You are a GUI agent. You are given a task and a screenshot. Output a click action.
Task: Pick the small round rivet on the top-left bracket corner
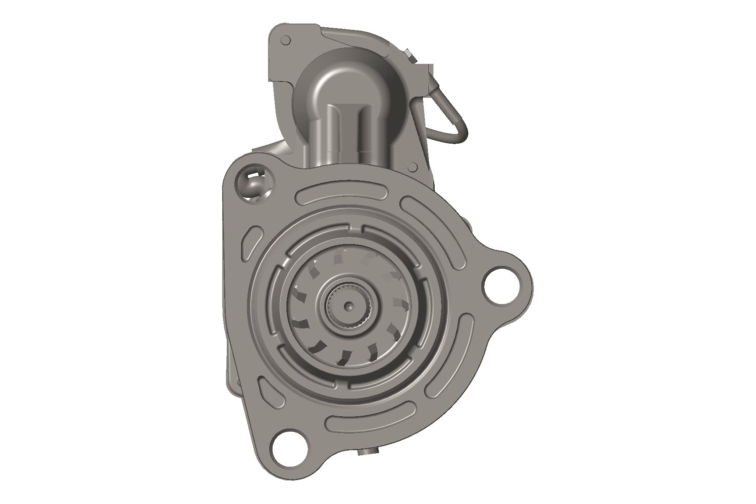pyautogui.click(x=286, y=41)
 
